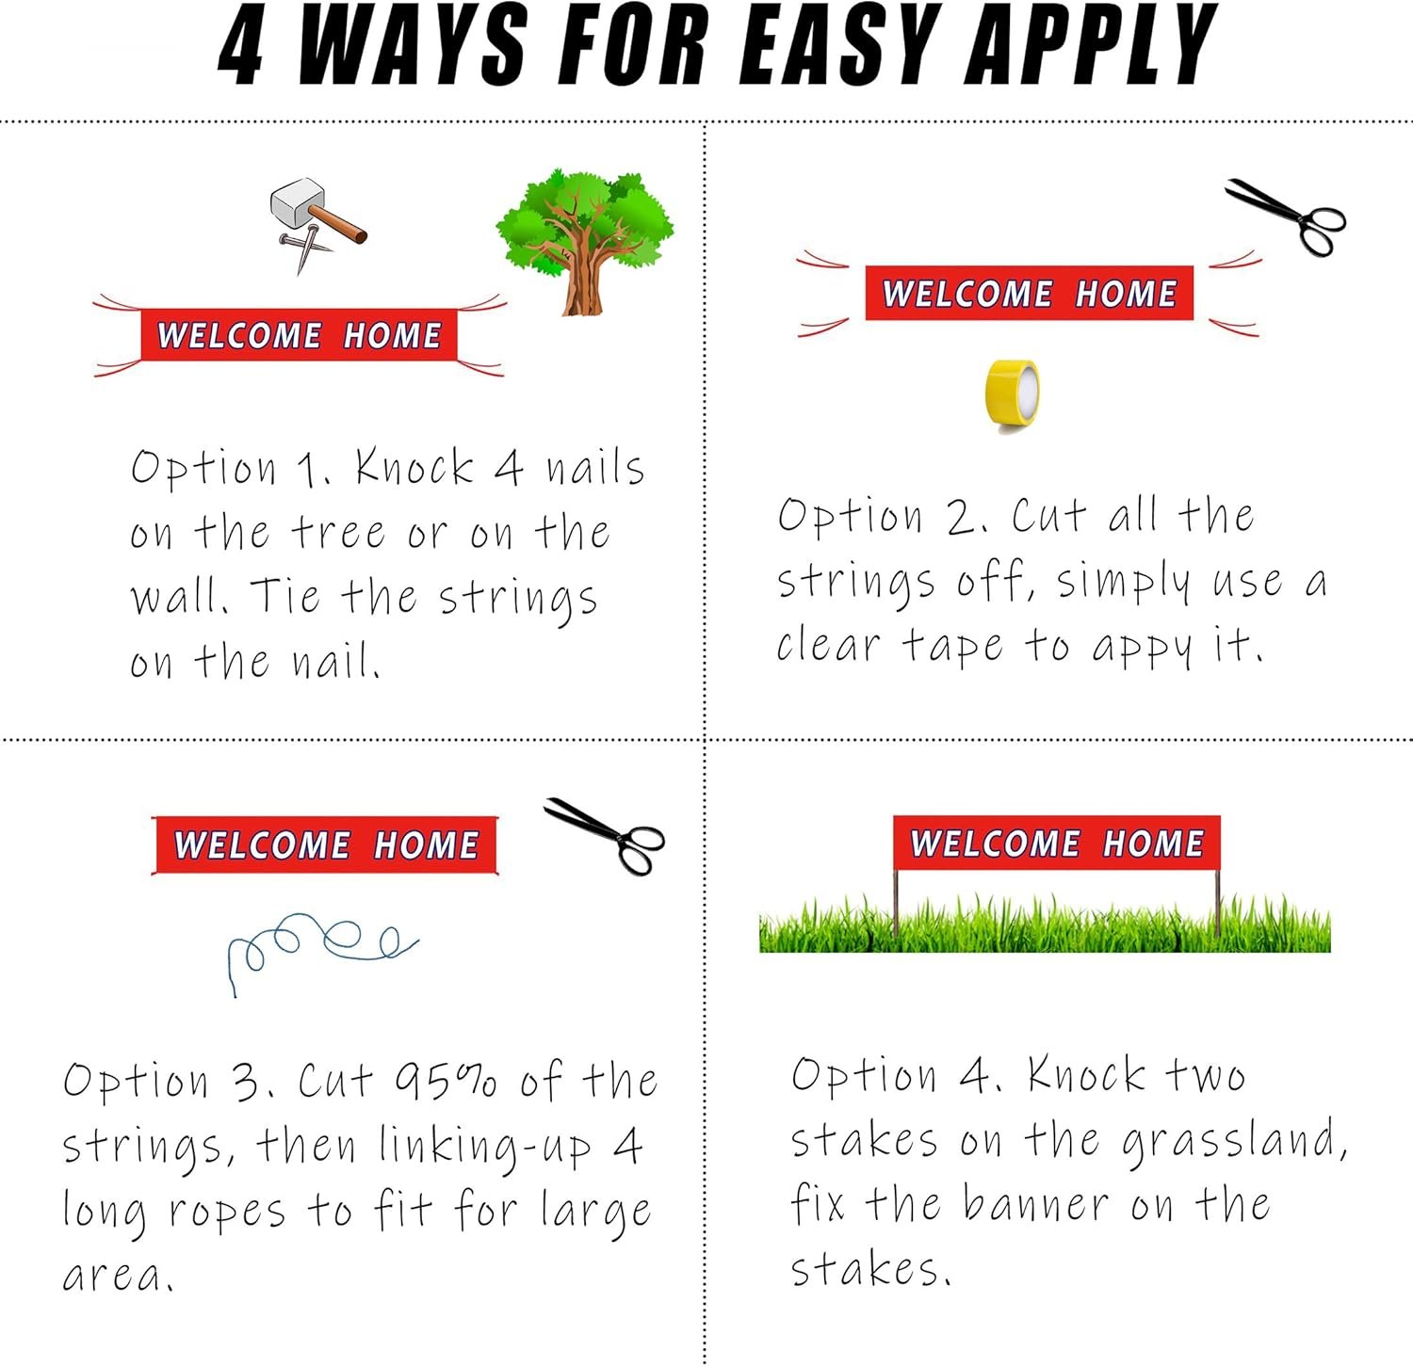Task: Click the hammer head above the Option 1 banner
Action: point(298,203)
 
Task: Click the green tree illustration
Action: point(585,242)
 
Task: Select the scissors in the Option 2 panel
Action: point(1286,217)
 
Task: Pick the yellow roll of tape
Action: point(1012,396)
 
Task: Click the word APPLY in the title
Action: point(1093,45)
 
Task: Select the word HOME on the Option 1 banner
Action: point(392,336)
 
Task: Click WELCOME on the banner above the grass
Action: point(995,844)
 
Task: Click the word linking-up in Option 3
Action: point(486,1148)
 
